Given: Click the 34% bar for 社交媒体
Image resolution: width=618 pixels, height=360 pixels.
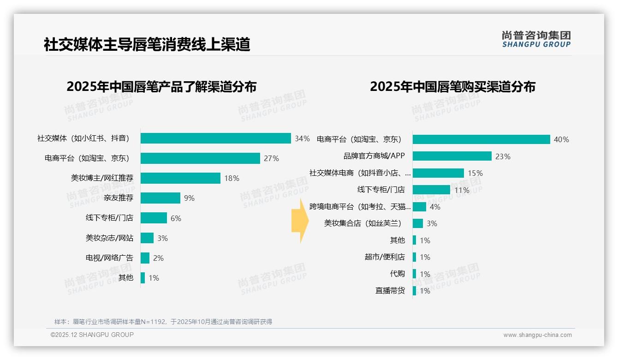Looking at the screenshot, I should pyautogui.click(x=215, y=138).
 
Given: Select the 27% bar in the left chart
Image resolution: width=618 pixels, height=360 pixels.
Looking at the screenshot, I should pyautogui.click(x=200, y=158).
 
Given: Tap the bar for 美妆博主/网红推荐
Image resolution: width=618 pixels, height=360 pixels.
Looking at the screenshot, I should pyautogui.click(x=180, y=178).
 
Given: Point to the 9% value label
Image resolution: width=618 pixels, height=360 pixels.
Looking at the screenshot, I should pyautogui.click(x=189, y=198).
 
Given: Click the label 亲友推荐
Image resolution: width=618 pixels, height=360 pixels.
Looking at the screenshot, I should pyautogui.click(x=119, y=198).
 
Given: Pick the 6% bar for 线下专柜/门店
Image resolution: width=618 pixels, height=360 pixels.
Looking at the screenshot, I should pyautogui.click(x=154, y=218).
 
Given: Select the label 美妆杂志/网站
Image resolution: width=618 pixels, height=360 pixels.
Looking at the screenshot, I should pyautogui.click(x=109, y=238).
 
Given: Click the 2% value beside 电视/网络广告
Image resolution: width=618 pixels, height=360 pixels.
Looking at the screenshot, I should pyautogui.click(x=158, y=258).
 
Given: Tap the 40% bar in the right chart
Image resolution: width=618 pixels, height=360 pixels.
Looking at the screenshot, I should pyautogui.click(x=481, y=139).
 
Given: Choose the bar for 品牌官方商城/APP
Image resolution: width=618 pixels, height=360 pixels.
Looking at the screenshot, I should pyautogui.click(x=452, y=156).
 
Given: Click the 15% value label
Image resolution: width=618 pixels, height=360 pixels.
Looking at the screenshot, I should pyautogui.click(x=475, y=173).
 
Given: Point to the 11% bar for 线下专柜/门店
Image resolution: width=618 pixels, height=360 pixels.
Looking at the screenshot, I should pyautogui.click(x=431, y=190).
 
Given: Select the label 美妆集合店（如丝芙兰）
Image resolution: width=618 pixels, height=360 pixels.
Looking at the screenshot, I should pyautogui.click(x=362, y=223).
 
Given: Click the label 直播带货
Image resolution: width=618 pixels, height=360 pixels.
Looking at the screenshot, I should pyautogui.click(x=390, y=291).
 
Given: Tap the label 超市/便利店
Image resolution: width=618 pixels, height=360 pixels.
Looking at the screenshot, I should pyautogui.click(x=385, y=257).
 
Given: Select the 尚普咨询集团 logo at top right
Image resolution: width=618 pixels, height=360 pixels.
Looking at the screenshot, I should pyautogui.click(x=536, y=39).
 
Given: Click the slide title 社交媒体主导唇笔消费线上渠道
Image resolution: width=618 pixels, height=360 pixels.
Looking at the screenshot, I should pyautogui.click(x=147, y=45).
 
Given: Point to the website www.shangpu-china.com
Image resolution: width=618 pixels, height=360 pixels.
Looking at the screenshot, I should pyautogui.click(x=537, y=335).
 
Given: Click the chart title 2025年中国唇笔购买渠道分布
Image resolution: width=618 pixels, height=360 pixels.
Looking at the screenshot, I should pyautogui.click(x=452, y=87).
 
